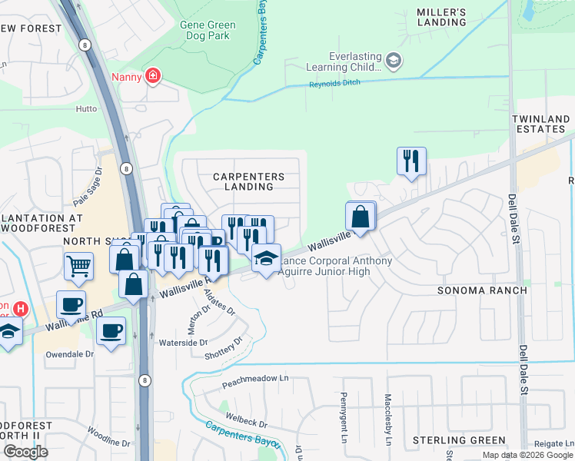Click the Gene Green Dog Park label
(x=208, y=31)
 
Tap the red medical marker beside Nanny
(x=154, y=76)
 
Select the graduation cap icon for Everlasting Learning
(x=394, y=61)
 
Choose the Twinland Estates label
(x=541, y=124)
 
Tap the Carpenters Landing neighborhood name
(x=248, y=181)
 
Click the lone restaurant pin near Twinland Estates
(x=411, y=161)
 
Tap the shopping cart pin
(x=78, y=267)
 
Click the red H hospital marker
(x=21, y=309)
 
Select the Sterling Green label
(x=459, y=440)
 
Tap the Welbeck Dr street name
(x=247, y=423)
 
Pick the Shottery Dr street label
(x=224, y=347)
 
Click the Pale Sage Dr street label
(x=88, y=187)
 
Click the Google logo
(x=26, y=452)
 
